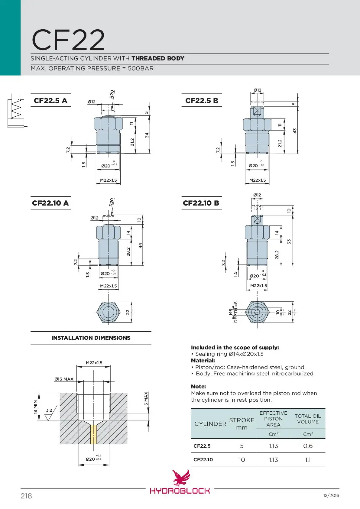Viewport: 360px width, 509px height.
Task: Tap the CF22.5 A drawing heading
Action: point(50,101)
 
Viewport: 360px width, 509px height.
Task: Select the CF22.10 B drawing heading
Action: point(201,203)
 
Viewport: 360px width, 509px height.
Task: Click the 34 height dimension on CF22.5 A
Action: point(147,135)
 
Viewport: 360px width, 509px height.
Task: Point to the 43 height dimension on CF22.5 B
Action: point(295,131)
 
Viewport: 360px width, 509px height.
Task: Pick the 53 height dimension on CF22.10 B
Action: point(289,242)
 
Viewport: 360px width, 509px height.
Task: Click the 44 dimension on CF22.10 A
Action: point(140,245)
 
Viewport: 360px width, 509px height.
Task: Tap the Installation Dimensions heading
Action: point(91,338)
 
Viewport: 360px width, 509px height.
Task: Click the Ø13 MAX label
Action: point(64,379)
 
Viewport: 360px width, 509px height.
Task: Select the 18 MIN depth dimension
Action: point(36,407)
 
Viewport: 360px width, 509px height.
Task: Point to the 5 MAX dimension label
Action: point(146,399)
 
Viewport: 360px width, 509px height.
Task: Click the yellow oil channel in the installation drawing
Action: point(94,434)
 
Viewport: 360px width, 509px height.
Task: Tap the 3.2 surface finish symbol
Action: point(48,414)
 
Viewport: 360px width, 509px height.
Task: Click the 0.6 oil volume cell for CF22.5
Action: point(308,446)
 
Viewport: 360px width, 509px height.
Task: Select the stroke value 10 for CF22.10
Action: point(242,460)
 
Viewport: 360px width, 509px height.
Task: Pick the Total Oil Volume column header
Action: point(308,419)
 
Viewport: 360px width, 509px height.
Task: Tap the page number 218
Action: point(26,496)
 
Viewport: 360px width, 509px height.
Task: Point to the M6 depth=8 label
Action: point(233,312)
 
